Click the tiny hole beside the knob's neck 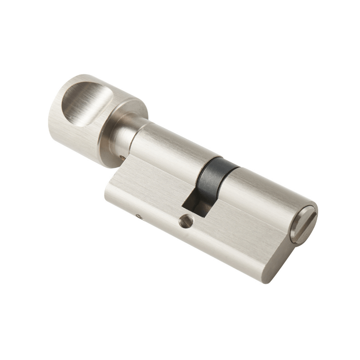click(x=122, y=158)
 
